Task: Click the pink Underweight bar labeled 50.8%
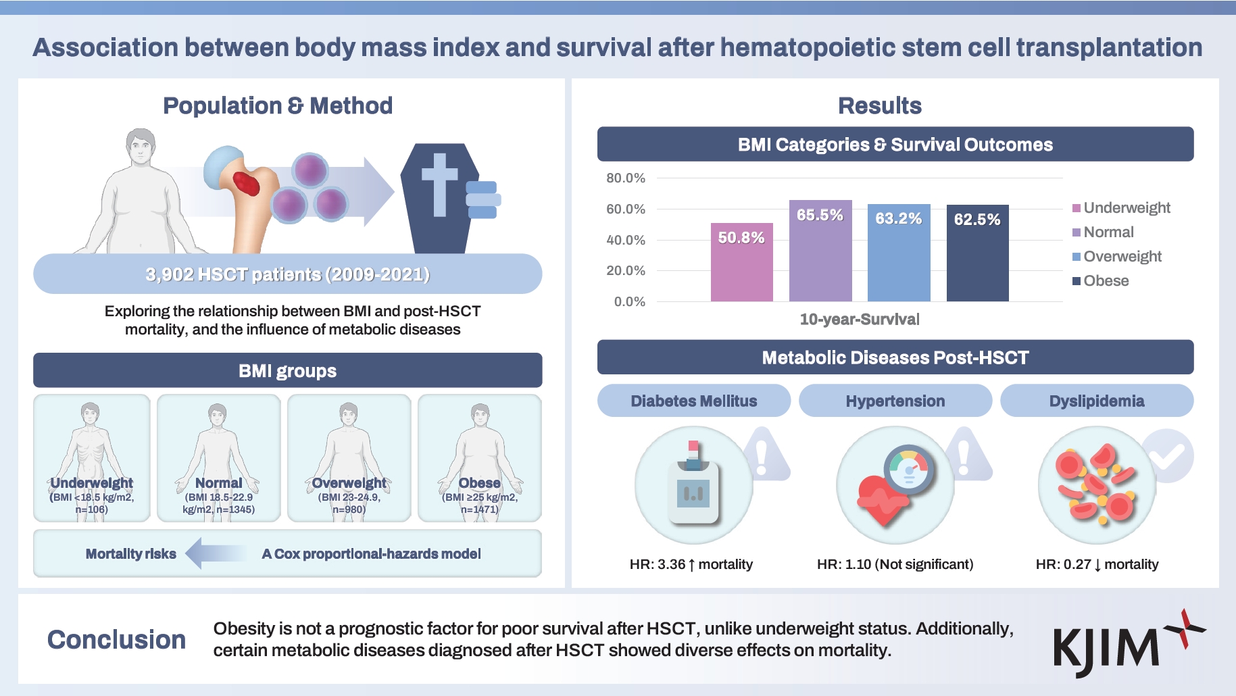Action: coord(741,263)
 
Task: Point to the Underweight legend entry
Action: coord(1121,207)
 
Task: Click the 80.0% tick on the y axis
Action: coord(625,178)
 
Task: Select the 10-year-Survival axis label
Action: coord(859,319)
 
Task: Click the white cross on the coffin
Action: coord(439,183)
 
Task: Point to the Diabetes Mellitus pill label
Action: coord(693,401)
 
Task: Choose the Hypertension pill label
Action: coord(895,401)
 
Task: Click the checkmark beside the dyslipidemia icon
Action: coord(1168,456)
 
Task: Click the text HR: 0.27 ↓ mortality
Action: coord(1097,564)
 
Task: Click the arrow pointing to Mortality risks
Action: coord(215,553)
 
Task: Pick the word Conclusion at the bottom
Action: coord(116,639)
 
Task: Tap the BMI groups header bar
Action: coord(287,370)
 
